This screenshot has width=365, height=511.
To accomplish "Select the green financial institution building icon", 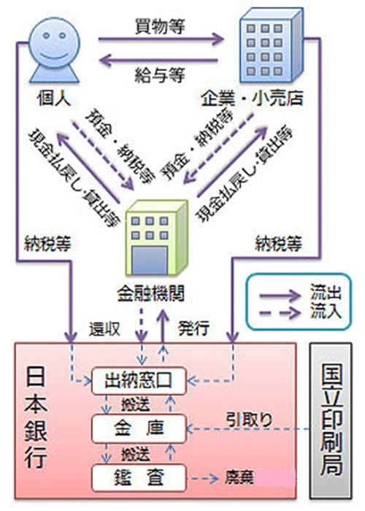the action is click(x=157, y=238).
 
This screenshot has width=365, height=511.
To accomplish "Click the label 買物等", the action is click(x=160, y=27).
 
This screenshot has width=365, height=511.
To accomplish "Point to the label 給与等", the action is click(x=160, y=74).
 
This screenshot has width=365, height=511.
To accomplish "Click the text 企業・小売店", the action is click(x=253, y=99).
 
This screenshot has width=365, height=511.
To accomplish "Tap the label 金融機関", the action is click(x=151, y=293).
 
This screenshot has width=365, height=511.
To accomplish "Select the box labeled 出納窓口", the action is click(x=139, y=380).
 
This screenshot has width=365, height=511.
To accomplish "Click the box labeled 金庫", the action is click(x=139, y=429).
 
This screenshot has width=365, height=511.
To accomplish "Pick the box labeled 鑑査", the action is click(x=139, y=477).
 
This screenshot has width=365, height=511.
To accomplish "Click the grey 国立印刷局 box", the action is click(x=331, y=420).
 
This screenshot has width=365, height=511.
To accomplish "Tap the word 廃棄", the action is click(x=239, y=478).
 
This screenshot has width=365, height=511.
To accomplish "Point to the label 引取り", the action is click(x=250, y=420).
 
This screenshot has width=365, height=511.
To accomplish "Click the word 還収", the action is click(x=104, y=329).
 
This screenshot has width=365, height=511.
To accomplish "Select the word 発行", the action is click(x=193, y=328).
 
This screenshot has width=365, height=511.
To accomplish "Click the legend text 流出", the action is click(x=326, y=292).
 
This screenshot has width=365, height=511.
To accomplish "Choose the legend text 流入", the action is click(x=326, y=311).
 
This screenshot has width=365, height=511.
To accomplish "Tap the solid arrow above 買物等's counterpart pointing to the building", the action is click(x=161, y=39).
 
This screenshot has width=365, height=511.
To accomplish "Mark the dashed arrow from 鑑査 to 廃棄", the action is click(x=204, y=479).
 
